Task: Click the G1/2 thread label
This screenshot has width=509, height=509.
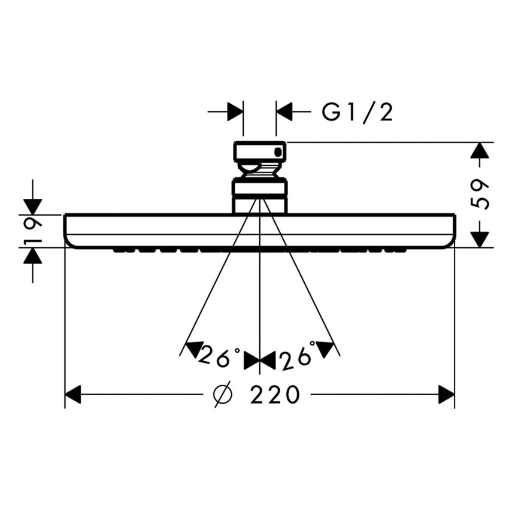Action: (357, 112)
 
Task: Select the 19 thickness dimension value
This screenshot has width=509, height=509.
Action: (34, 231)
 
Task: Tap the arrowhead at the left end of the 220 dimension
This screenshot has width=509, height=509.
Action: (72, 395)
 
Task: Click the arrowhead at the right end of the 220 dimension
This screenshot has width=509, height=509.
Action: (446, 395)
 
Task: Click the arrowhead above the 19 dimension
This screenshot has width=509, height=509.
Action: (33, 206)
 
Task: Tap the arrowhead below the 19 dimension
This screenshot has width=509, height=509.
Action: (33, 256)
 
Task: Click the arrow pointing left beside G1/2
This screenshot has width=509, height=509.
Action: (284, 111)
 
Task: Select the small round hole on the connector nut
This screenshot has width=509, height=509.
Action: (277, 152)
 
